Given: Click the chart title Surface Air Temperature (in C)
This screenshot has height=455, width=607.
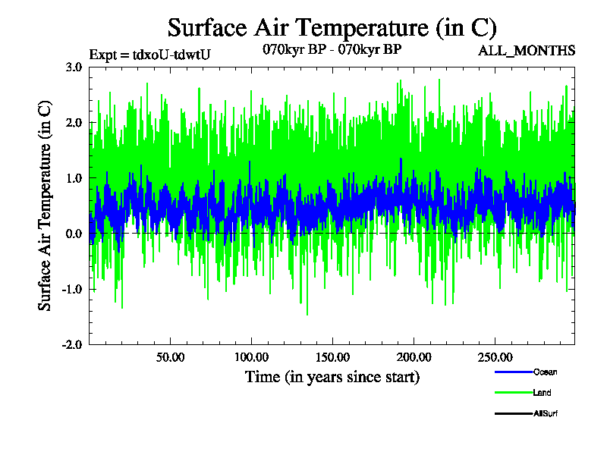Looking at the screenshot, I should pos(332,28).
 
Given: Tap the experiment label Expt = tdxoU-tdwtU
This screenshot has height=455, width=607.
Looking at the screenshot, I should pos(149,54).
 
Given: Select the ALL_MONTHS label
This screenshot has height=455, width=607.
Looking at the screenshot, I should pos(527,51).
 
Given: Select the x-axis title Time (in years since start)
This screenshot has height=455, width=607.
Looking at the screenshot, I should pos(332,377).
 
